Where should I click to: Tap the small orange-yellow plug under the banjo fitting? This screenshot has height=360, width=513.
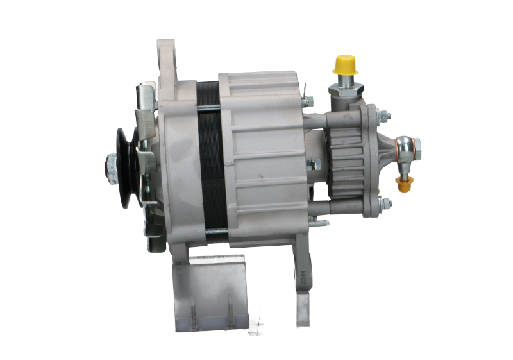click(x=405, y=186)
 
